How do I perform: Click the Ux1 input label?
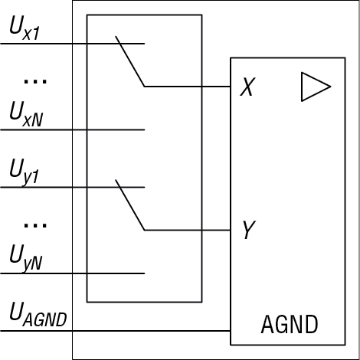25,28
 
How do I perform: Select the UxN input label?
26,114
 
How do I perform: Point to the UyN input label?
26,258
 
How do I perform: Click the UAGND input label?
38,314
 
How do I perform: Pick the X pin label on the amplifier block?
247,87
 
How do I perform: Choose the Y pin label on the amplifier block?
248,230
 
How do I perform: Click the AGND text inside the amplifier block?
290,324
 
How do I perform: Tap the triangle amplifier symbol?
316,87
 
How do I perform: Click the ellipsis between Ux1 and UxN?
35,81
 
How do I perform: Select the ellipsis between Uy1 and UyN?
35,225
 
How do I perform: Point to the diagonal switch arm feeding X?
130,61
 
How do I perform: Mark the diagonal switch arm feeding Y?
130,205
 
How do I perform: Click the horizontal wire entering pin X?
188,87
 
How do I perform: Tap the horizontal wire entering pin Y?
188,231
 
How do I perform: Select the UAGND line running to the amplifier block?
116,331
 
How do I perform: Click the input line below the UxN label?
73,130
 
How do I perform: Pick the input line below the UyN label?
73,273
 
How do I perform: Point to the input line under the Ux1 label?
73,44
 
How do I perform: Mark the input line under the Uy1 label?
73,188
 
